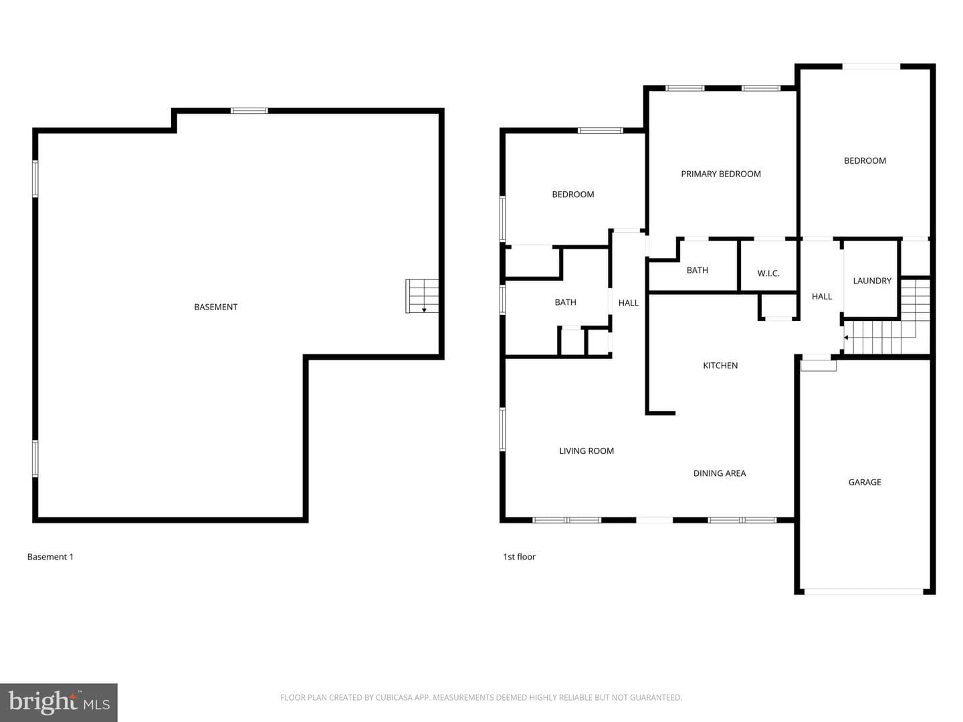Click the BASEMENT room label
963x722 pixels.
[215, 308]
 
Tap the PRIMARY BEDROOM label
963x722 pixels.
[720, 174]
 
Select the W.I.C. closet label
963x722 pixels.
[768, 273]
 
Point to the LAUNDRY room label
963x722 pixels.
[872, 281]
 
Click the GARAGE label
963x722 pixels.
[864, 482]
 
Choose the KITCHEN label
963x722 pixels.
[720, 366]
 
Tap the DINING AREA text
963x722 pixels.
[719, 473]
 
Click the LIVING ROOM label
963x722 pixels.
[586, 451]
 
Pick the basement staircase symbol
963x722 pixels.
[421, 296]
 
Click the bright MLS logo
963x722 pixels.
[59, 702]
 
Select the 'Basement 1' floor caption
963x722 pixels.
[50, 557]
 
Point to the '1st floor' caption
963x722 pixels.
[519, 557]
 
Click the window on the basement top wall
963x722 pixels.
[249, 111]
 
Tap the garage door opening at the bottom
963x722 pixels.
[864, 592]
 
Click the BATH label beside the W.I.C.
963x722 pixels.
[697, 271]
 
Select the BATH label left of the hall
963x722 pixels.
[565, 302]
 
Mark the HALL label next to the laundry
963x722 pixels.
[822, 297]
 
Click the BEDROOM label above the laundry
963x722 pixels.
[865, 161]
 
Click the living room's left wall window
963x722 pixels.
[503, 429]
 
